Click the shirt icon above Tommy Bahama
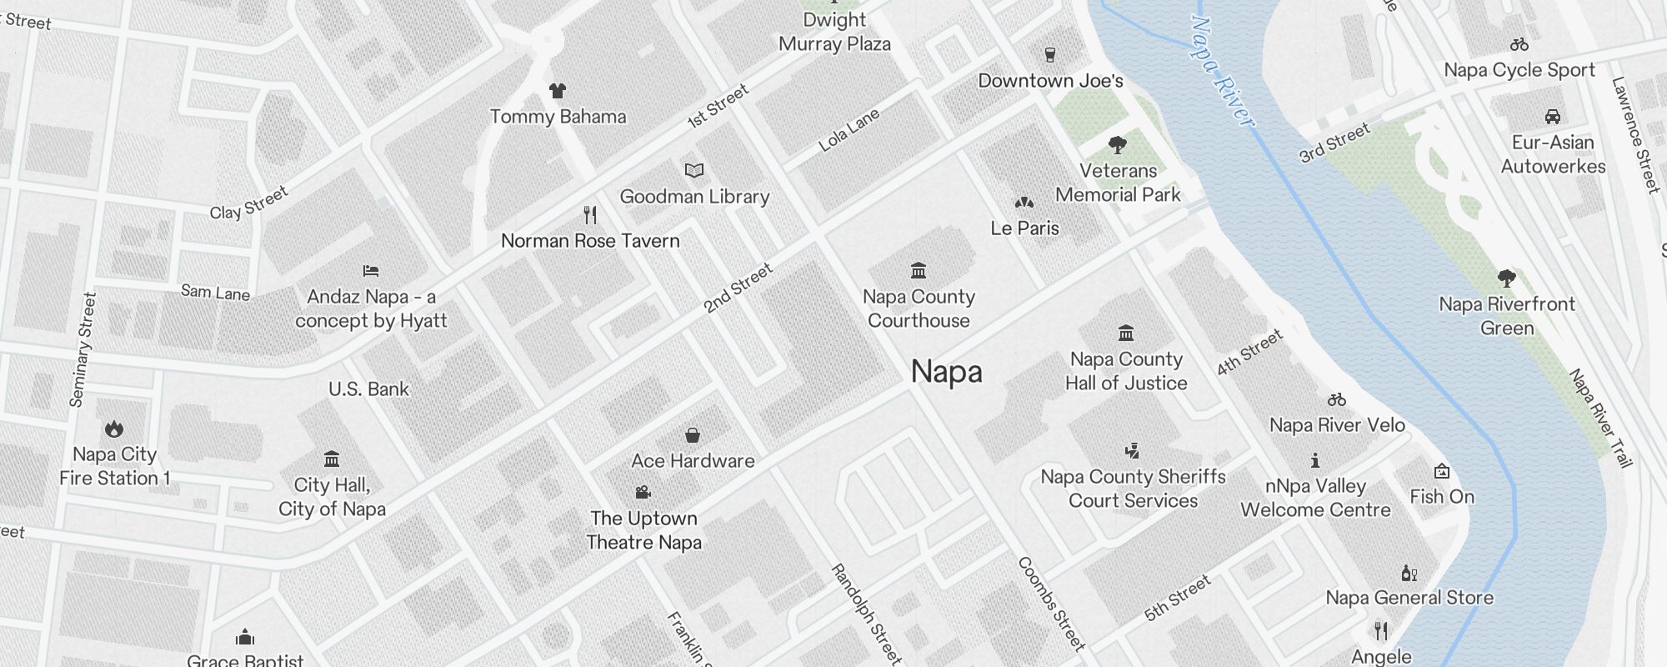[557, 90]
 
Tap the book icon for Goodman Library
[694, 170]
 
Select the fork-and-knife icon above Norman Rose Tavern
[590, 215]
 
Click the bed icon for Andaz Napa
[371, 270]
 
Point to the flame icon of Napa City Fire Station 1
[114, 429]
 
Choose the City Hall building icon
[332, 459]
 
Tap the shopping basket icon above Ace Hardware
[693, 435]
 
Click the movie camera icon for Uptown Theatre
[643, 492]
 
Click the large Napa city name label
[946, 372]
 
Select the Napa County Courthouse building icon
[919, 270]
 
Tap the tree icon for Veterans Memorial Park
[1118, 145]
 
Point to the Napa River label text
[1222, 73]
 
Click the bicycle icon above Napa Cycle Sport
[1519, 44]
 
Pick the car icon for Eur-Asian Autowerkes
[1552, 116]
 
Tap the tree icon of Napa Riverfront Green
[1506, 278]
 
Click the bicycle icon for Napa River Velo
[1337, 399]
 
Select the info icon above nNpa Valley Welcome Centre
[1315, 460]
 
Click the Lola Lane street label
[849, 131]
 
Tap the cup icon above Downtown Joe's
[1050, 55]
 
